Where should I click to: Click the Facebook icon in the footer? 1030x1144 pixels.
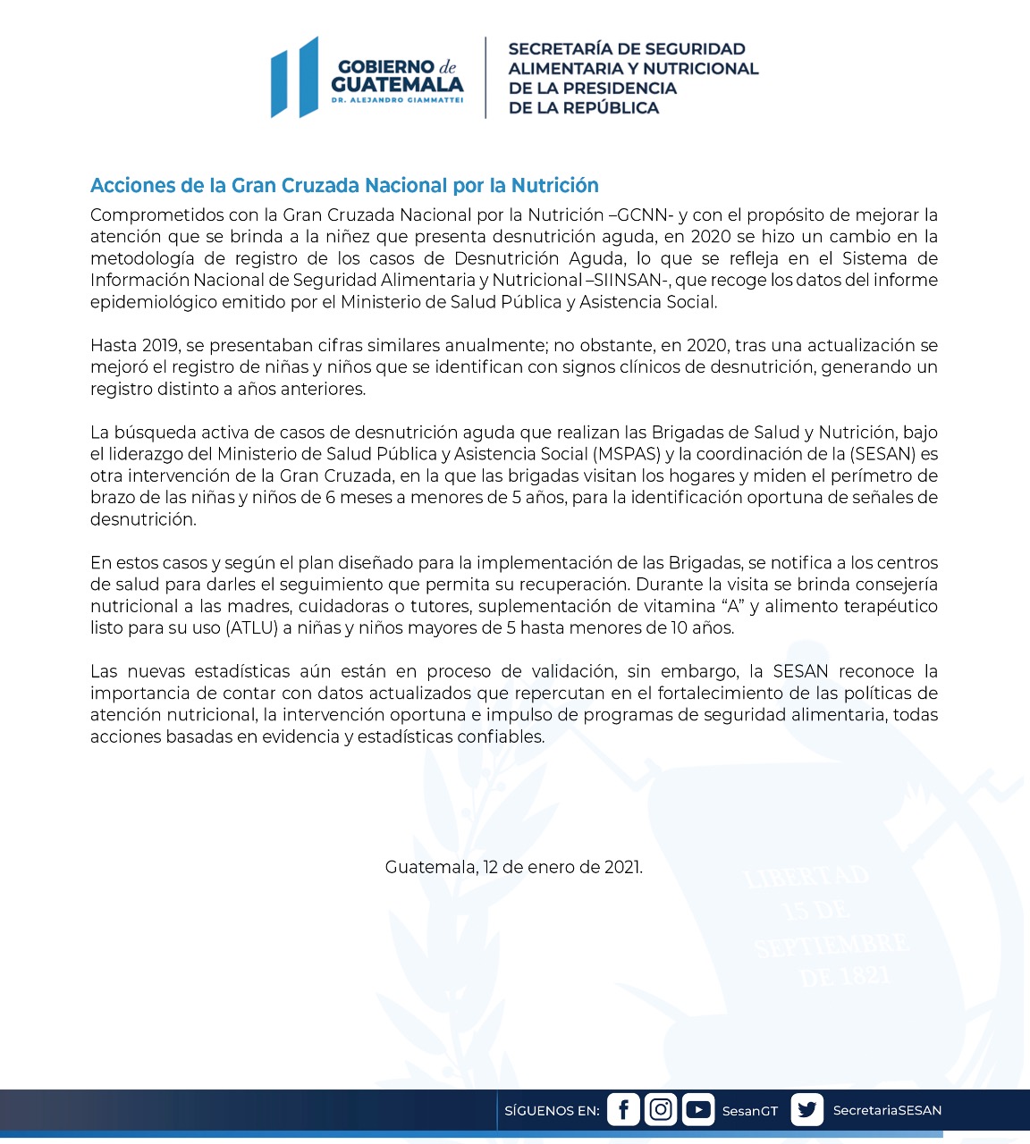click(623, 1109)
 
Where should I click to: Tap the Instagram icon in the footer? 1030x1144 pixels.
click(661, 1109)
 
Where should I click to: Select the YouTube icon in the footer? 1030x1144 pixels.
click(698, 1109)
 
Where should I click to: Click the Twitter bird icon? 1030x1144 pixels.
click(806, 1109)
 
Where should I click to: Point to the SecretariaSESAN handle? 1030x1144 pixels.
click(887, 1110)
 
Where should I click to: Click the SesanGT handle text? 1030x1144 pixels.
click(750, 1111)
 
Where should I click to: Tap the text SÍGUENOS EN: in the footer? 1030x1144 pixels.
click(552, 1111)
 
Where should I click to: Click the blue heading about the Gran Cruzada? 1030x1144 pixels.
click(344, 185)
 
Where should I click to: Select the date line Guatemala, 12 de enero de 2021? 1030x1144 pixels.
click(514, 867)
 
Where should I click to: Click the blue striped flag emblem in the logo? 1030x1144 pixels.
click(295, 78)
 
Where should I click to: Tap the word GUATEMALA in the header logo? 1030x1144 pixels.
click(397, 85)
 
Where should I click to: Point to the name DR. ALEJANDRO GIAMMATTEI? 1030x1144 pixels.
click(397, 101)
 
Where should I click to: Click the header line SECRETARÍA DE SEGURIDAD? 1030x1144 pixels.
click(627, 49)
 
